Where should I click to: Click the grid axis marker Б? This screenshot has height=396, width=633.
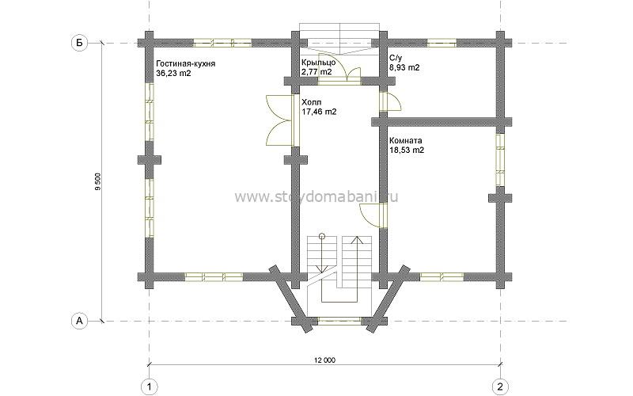(x=80, y=43)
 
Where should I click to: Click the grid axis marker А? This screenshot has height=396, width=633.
(x=80, y=321)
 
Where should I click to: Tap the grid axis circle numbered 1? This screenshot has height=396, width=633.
(x=150, y=386)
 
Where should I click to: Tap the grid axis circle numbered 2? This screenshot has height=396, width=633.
(x=501, y=386)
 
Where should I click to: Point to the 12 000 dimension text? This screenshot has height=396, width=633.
(x=325, y=360)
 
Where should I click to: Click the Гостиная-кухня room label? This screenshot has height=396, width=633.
(x=186, y=64)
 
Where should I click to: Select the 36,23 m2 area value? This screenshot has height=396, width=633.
(x=173, y=73)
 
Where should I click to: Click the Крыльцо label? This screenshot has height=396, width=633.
(x=318, y=63)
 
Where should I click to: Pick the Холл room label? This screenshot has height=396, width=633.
(x=311, y=102)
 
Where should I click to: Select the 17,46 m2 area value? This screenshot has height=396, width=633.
(x=319, y=112)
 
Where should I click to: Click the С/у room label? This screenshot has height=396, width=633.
(x=396, y=58)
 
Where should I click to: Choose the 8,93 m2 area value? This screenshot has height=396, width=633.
(x=404, y=67)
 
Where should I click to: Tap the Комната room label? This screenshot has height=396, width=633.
(x=406, y=141)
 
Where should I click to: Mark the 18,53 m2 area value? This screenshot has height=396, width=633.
(x=407, y=150)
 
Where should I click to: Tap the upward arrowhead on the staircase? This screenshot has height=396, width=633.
(x=357, y=240)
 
